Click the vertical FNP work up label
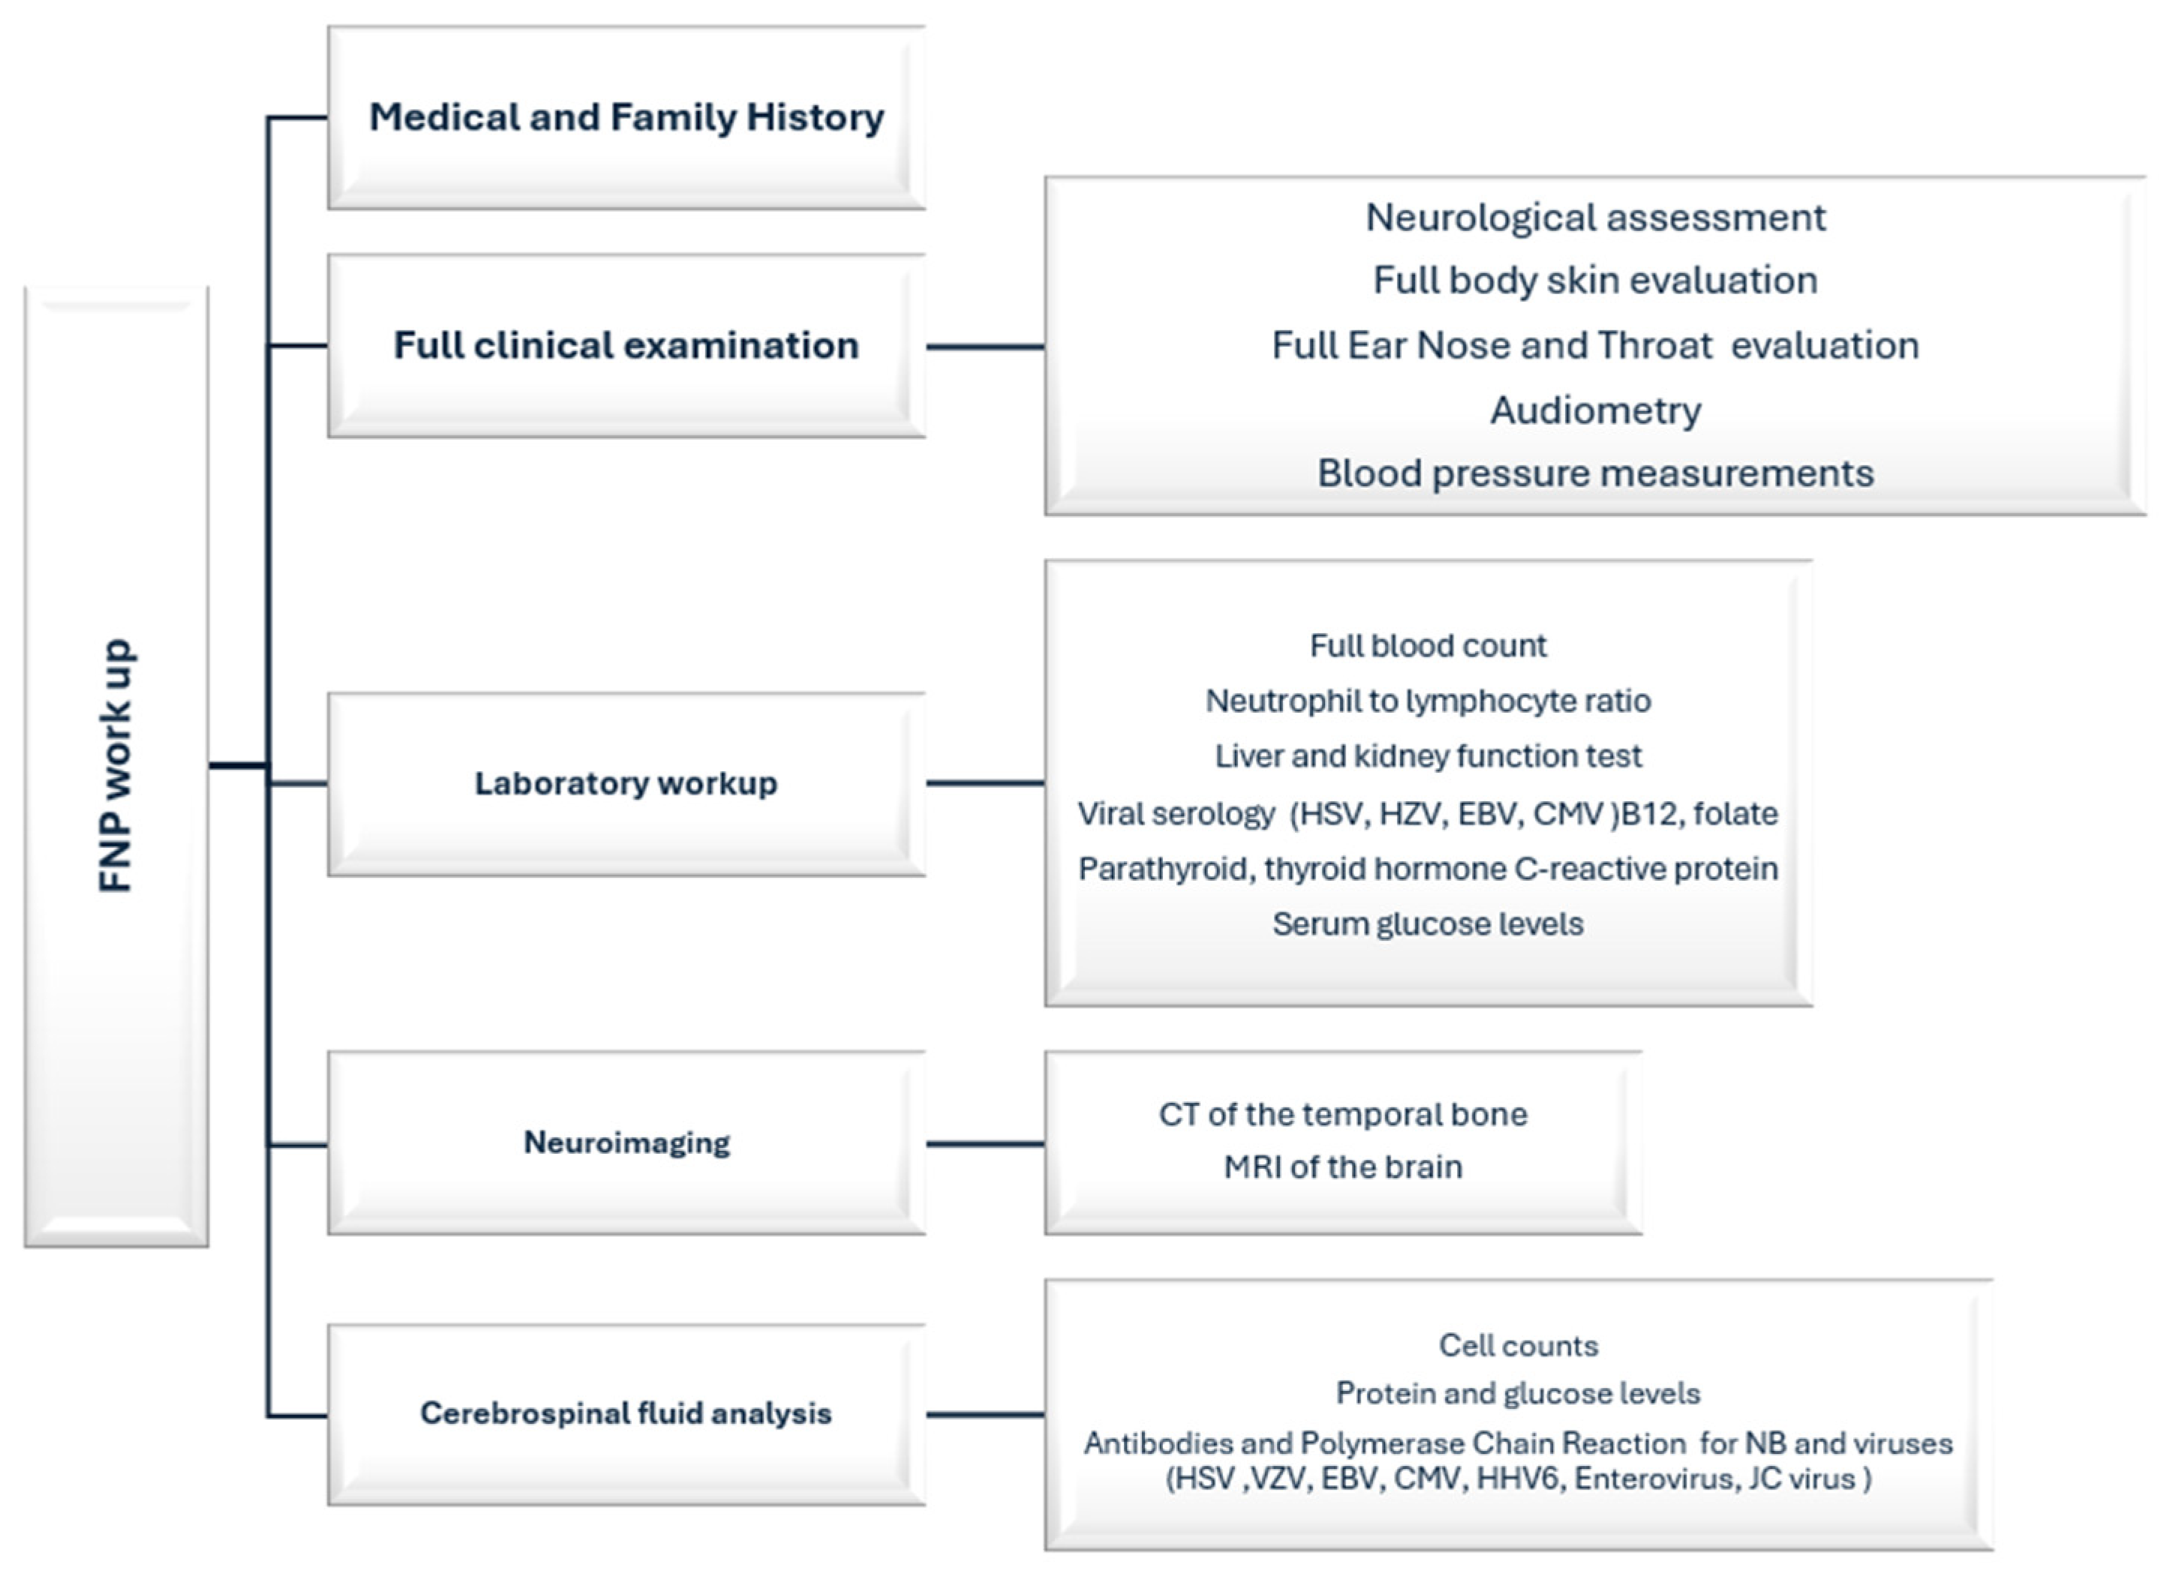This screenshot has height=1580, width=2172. [x=117, y=766]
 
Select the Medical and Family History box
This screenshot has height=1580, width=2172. [x=626, y=118]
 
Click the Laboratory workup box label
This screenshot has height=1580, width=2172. [x=626, y=783]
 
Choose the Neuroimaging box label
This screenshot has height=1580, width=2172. [x=626, y=1143]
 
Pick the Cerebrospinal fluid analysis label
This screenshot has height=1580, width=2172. [x=626, y=1413]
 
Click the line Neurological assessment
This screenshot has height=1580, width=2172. [x=1596, y=218]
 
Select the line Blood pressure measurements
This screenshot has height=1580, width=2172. [x=1596, y=473]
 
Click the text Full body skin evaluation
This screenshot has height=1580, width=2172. [x=1596, y=281]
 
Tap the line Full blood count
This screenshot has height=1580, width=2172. [x=1428, y=645]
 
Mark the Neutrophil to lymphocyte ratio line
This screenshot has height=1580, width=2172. [x=1428, y=701]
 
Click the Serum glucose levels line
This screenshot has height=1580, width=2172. [x=1428, y=924]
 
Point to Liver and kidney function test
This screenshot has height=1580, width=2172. [x=1428, y=756]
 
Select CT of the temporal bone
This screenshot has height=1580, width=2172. [x=1343, y=1115]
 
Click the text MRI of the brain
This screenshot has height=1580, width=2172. [x=1343, y=1167]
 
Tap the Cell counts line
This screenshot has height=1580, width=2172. [x=1519, y=1345]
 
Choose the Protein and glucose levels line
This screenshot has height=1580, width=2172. [x=1519, y=1393]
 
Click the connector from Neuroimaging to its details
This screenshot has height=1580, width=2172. [x=985, y=1143]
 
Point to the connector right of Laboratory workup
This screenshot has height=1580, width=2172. [x=985, y=783]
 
